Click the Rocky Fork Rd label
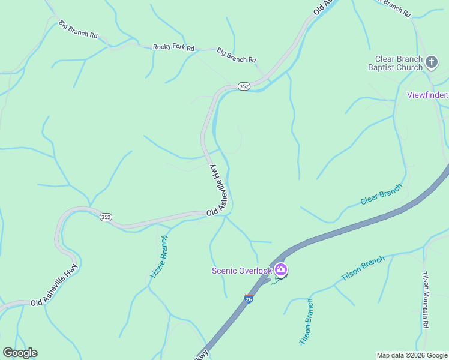(x=173, y=47)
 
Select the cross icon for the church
(x=431, y=61)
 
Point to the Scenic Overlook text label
(x=242, y=271)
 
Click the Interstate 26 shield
(x=249, y=298)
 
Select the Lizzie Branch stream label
(x=159, y=256)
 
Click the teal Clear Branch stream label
(x=381, y=194)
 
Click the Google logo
(x=20, y=353)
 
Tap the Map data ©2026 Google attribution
(x=412, y=355)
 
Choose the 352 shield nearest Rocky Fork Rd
(x=243, y=86)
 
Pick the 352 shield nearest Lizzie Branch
(x=106, y=217)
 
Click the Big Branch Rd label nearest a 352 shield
(x=237, y=55)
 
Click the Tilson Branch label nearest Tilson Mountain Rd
(x=363, y=268)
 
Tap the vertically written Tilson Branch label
(x=306, y=322)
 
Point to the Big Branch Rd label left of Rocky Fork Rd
(x=78, y=29)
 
